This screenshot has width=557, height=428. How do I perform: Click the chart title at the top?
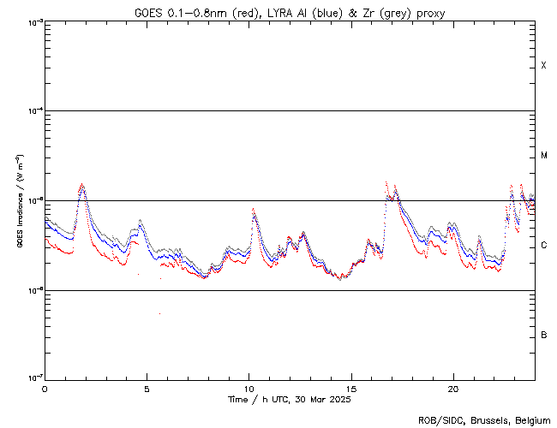[x=290, y=13]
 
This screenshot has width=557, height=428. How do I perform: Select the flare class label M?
[x=544, y=156]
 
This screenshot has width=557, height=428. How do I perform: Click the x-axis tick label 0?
[x=45, y=389]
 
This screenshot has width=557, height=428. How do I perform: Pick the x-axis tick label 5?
[x=147, y=389]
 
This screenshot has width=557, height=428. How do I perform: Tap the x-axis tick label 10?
[x=249, y=389]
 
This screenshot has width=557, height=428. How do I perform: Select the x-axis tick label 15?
[x=350, y=389]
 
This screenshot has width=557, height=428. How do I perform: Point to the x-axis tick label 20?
[x=452, y=389]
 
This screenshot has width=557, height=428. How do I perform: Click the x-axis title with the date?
[x=290, y=400]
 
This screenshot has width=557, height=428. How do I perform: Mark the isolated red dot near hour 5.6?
[x=159, y=313]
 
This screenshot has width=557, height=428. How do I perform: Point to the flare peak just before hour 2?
[x=81, y=184]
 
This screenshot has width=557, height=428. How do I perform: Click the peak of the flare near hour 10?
[x=253, y=209]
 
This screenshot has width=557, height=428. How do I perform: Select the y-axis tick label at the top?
[x=33, y=21]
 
